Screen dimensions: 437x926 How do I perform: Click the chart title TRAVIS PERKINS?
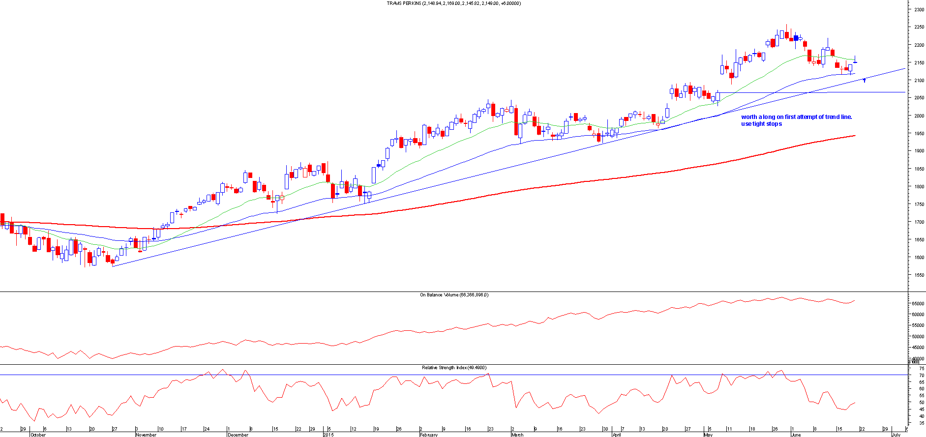404,3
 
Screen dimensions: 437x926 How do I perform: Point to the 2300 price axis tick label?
919,10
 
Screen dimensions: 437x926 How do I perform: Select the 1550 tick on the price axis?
919,275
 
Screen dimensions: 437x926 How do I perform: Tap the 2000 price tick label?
919,116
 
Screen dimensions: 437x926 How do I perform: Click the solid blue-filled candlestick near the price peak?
796,37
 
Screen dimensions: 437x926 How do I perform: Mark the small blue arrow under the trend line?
864,80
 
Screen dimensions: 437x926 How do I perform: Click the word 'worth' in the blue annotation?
749,117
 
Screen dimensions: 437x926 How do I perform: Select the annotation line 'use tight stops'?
761,124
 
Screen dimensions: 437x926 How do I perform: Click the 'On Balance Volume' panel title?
439,295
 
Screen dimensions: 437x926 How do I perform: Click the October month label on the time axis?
38,435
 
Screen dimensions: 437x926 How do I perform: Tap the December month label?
238,435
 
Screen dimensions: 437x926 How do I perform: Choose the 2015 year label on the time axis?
329,435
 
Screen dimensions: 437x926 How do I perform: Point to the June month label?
795,435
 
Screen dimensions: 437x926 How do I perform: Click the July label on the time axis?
896,435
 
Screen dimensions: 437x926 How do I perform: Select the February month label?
429,435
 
